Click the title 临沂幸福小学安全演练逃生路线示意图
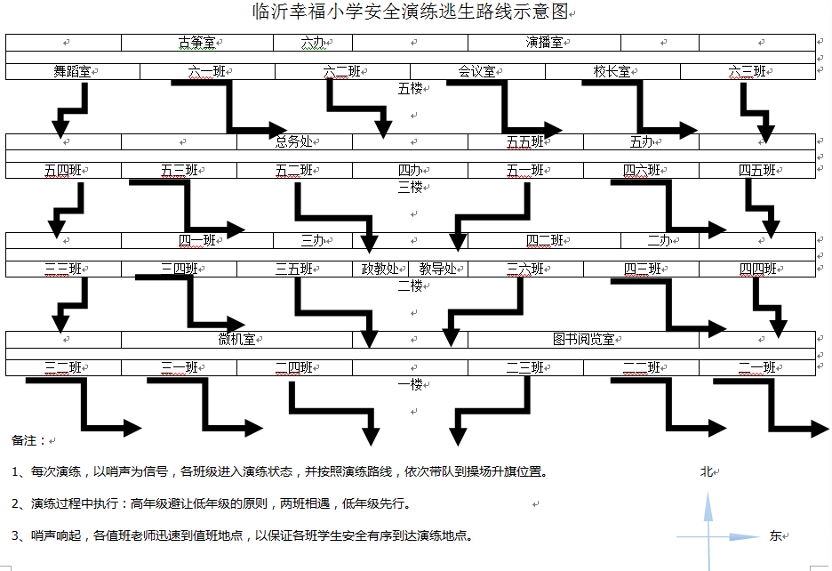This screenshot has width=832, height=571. (x=410, y=12)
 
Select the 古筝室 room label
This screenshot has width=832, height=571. (x=196, y=42)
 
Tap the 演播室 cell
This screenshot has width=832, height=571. (x=543, y=42)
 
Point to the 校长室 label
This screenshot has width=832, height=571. (x=612, y=71)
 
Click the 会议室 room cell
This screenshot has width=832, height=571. (x=476, y=71)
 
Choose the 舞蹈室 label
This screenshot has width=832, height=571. (x=72, y=71)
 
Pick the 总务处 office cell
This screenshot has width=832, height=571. (x=293, y=141)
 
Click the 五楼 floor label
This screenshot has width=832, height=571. (x=410, y=88)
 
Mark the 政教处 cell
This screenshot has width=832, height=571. (x=380, y=269)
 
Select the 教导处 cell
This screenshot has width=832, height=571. (x=437, y=269)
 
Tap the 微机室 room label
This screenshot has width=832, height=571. (x=236, y=339)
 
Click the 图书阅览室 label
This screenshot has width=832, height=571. (x=583, y=339)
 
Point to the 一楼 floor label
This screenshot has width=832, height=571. (x=410, y=384)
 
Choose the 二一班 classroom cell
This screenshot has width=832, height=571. (x=756, y=366)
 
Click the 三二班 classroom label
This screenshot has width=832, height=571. (x=63, y=366)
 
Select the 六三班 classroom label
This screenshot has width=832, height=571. (x=747, y=71)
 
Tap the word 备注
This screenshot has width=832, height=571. (x=24, y=440)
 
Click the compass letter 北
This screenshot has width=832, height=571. (x=708, y=471)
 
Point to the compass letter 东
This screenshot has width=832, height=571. (x=776, y=535)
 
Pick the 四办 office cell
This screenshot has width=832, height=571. (x=409, y=170)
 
